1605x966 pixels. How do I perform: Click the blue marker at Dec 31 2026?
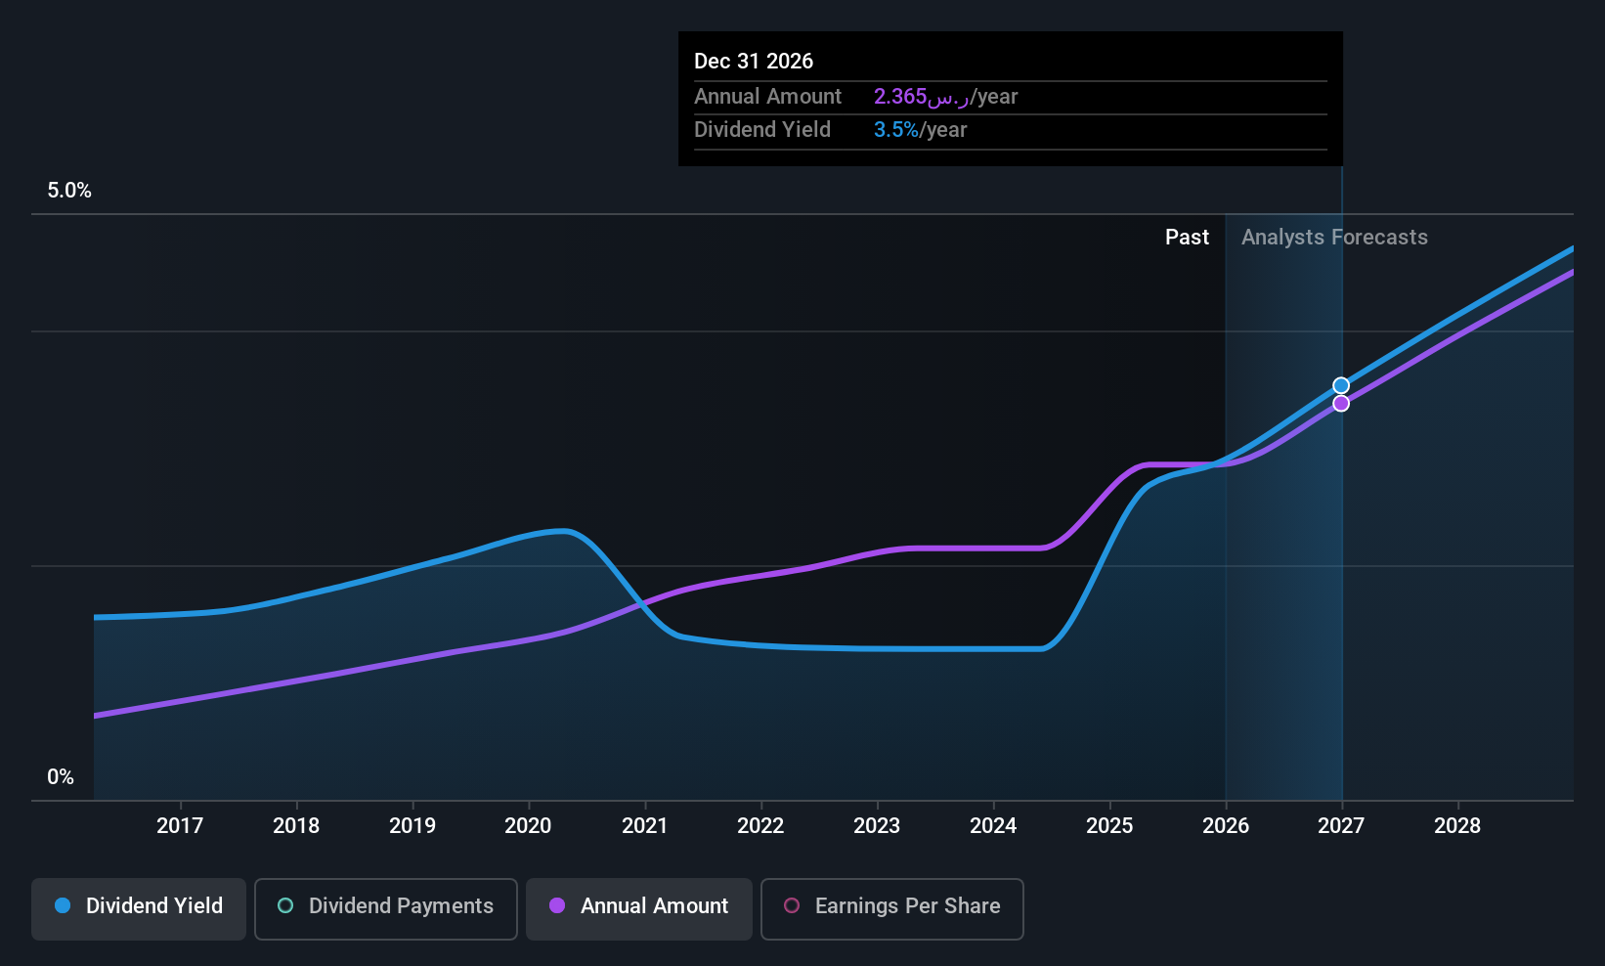click(1341, 385)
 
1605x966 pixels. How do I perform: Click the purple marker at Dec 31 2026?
click(1341, 403)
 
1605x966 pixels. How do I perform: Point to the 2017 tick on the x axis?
click(180, 825)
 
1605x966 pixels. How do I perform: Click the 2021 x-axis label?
click(644, 825)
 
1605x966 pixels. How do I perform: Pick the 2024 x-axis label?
click(993, 825)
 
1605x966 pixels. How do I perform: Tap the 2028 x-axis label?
click(1456, 825)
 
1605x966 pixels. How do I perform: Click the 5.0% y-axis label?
click(69, 191)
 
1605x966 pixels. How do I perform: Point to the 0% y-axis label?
click(61, 777)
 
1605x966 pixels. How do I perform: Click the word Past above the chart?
click(1187, 238)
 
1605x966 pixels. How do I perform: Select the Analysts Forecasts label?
click(1334, 238)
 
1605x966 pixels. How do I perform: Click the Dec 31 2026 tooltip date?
click(754, 61)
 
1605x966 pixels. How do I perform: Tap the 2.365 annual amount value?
click(900, 97)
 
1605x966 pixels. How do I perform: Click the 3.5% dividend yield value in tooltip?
click(895, 130)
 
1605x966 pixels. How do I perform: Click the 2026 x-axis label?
click(1225, 825)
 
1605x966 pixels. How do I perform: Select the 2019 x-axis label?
click(412, 825)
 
